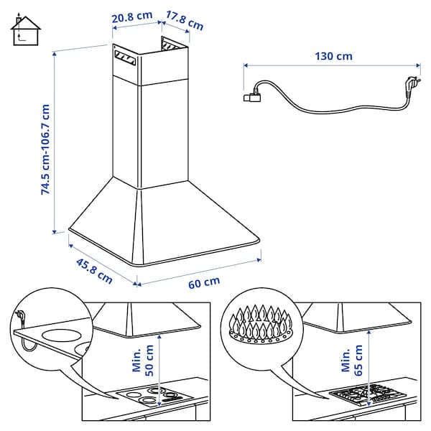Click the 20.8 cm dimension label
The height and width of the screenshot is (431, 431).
[134, 17]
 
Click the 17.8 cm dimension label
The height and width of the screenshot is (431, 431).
[184, 21]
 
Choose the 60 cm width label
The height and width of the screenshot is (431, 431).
[204, 282]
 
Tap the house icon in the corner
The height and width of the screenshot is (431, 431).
[25, 29]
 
